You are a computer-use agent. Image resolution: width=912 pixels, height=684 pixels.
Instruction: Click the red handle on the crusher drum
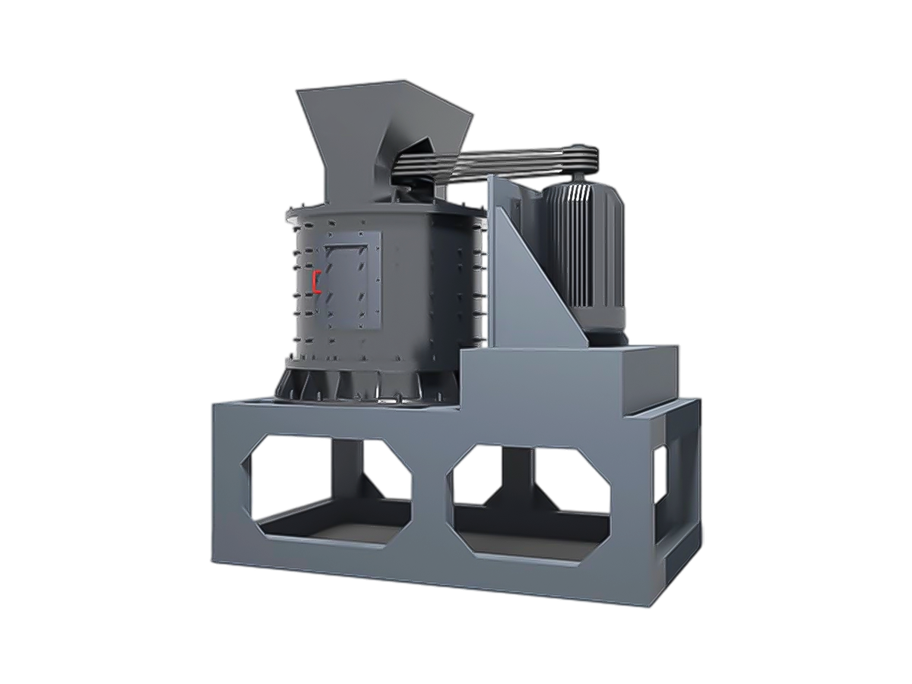pyautogui.click(x=316, y=280)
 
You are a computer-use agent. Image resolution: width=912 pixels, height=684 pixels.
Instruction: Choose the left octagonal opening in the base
pyautogui.click(x=327, y=486)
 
